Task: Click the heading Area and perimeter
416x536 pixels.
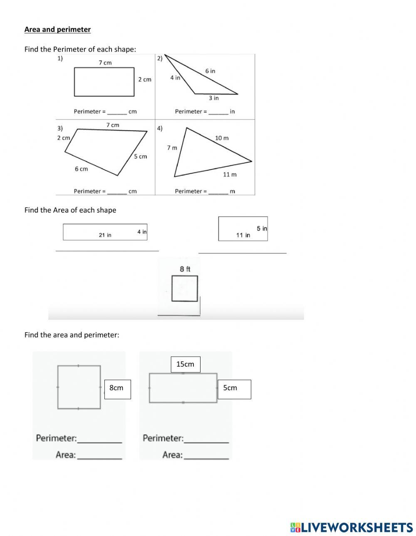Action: click(57, 29)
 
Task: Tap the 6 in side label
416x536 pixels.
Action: click(210, 71)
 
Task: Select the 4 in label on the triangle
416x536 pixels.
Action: click(175, 78)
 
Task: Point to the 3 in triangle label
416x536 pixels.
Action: click(213, 98)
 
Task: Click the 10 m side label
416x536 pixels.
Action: click(222, 138)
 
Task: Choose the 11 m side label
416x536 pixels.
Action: click(230, 174)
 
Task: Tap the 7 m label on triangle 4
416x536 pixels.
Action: click(172, 148)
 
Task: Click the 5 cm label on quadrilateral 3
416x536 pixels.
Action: click(140, 157)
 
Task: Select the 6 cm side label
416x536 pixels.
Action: click(81, 169)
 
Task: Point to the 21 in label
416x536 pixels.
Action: click(105, 235)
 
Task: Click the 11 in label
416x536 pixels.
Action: click(243, 235)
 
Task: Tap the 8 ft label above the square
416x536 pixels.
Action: click(185, 269)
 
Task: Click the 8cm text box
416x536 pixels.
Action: click(117, 389)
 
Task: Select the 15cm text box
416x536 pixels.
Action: click(186, 364)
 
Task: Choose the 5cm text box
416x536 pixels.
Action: click(234, 389)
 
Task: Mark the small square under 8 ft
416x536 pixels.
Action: click(185, 289)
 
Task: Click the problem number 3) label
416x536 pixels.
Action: click(60, 128)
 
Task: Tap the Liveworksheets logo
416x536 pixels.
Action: click(351, 527)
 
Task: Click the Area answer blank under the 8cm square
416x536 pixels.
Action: click(99, 455)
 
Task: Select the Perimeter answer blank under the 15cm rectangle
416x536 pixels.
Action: click(206, 439)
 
